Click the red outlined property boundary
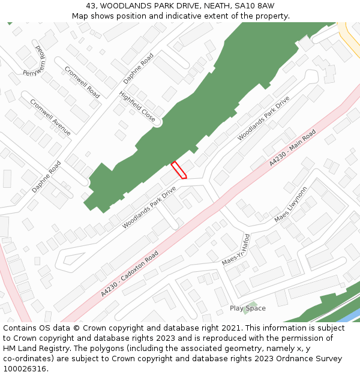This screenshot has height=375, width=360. [179, 170]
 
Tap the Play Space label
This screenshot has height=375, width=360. [247, 308]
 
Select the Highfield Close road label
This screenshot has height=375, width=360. [137, 107]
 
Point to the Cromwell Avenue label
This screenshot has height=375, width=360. [50, 117]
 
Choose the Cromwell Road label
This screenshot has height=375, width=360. [82, 82]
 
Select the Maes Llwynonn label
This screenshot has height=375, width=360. [290, 205]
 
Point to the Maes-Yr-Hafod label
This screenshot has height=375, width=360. [236, 250]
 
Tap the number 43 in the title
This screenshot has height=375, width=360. [90, 6]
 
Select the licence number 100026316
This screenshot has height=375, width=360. [25, 369]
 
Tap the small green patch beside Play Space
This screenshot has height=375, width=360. [251, 304]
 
